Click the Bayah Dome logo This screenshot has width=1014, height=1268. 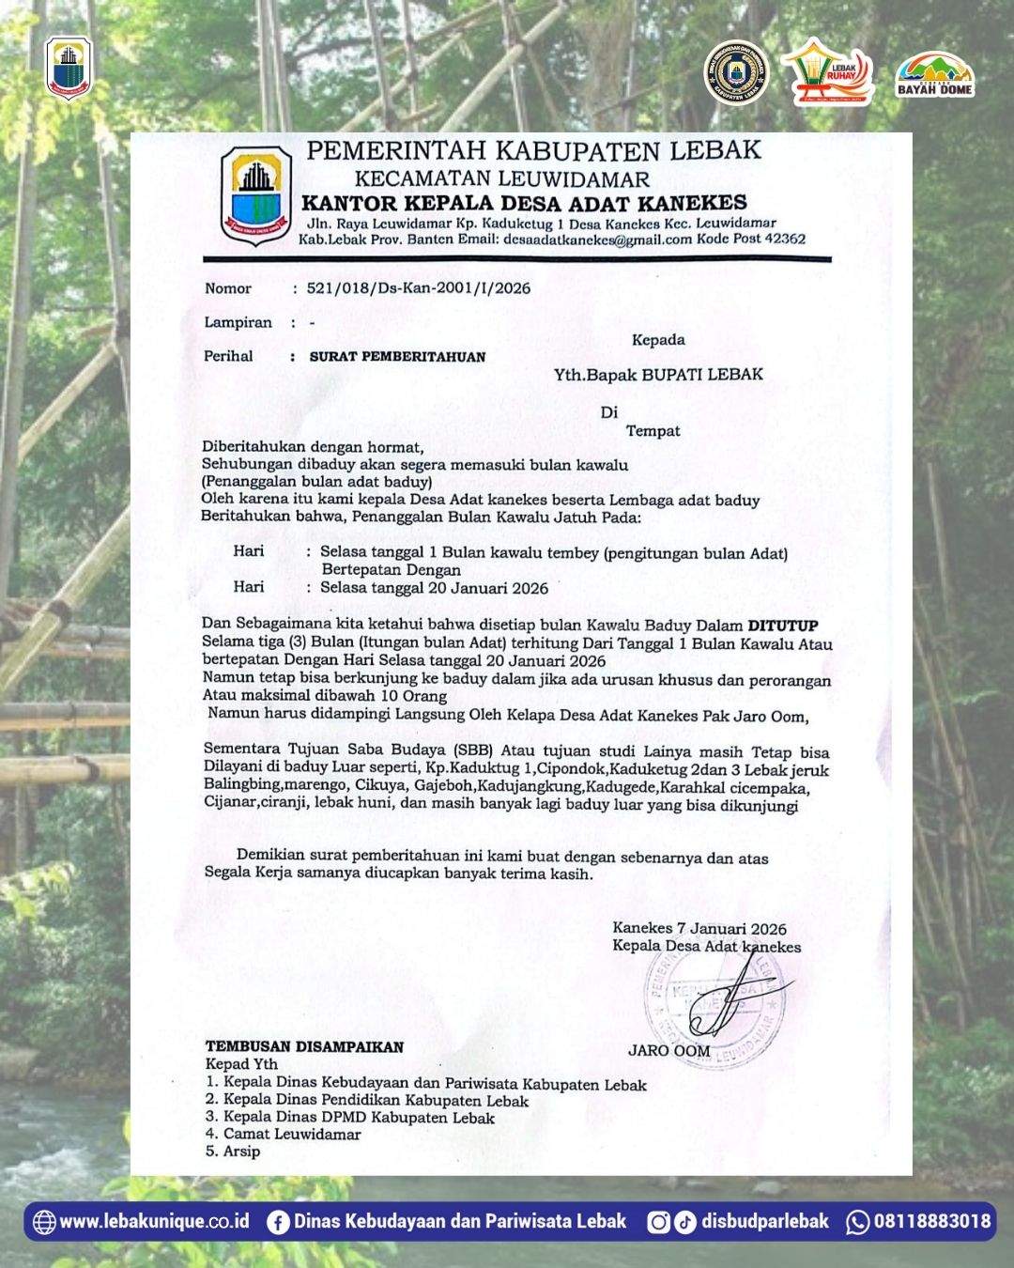tap(935, 75)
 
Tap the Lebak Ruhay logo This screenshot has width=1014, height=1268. tap(829, 72)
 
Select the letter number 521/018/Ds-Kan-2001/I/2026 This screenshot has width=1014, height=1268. tap(419, 288)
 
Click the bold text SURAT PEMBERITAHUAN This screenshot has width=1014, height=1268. tap(398, 357)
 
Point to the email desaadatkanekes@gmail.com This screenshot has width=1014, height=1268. tap(597, 240)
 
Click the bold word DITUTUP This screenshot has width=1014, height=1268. tap(782, 626)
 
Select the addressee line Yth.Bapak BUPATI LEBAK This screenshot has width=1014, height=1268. tap(657, 375)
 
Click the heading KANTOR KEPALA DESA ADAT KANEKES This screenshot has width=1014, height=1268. tap(524, 203)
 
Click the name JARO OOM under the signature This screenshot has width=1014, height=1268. tap(668, 1050)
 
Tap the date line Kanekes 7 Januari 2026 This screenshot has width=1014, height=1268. tap(699, 929)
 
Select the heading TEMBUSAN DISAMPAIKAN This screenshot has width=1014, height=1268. tap(304, 1046)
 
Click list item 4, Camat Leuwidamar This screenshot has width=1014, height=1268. tap(284, 1135)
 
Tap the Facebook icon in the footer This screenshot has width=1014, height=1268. tap(277, 1222)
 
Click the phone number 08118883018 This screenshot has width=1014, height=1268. tap(932, 1222)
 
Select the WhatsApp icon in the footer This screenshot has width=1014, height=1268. tap(857, 1222)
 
